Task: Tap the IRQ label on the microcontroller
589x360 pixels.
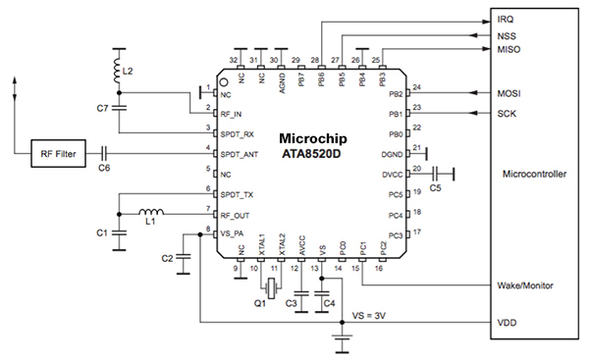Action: (506, 19)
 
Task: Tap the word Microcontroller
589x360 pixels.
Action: (534, 174)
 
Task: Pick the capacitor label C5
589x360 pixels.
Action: (437, 186)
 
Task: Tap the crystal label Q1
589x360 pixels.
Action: (261, 304)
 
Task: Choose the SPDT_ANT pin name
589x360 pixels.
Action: (238, 153)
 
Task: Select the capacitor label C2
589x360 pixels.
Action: (167, 258)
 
